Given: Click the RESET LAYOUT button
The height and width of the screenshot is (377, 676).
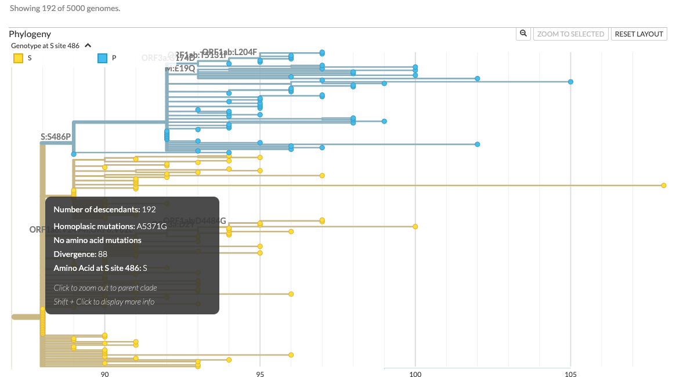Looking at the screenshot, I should tap(639, 34).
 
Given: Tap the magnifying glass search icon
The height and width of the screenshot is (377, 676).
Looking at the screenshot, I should tap(523, 34).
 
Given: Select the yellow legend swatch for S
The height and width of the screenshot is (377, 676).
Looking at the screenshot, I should tap(19, 58).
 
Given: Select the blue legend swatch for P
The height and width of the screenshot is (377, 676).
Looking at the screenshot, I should tap(102, 58).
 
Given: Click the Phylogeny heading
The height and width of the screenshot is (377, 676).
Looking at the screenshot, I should tap(30, 34).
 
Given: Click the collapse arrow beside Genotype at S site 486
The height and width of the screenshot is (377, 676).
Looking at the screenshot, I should tap(88, 45).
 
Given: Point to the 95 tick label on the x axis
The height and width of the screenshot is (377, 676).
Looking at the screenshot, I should tap(260, 374).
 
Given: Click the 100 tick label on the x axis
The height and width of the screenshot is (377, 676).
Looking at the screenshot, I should tap(415, 374).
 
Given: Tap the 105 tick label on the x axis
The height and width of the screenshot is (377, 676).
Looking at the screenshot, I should tap(570, 374).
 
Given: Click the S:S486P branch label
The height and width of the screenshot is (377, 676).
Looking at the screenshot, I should tap(56, 137).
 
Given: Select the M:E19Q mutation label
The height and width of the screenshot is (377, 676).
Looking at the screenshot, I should tap(180, 68).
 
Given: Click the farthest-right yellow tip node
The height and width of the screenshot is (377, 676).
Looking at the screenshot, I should tap(663, 185).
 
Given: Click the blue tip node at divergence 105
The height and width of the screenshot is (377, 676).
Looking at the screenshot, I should tap(570, 82).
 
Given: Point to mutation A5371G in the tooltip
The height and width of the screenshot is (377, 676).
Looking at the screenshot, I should tap(151, 226).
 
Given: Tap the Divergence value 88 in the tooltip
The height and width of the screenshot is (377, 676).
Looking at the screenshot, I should tap(103, 254).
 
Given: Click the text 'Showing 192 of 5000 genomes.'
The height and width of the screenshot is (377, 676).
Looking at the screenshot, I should tap(65, 8).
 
